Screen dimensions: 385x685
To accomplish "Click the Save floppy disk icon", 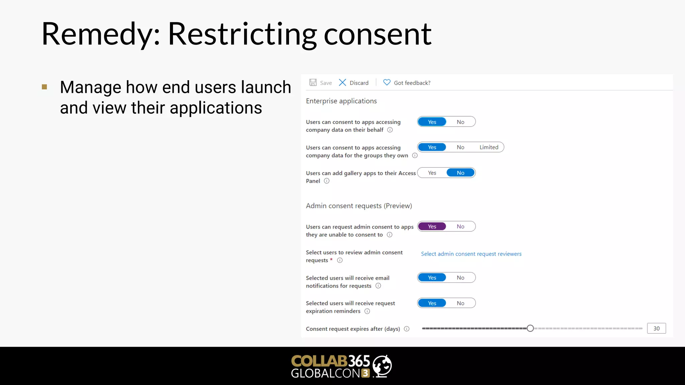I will pyautogui.click(x=313, y=83).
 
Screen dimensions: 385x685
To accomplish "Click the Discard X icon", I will pyautogui.click(x=342, y=83).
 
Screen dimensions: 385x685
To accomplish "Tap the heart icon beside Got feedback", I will pyautogui.click(x=387, y=82).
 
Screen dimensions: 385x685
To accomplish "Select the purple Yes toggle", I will pyautogui.click(x=432, y=227).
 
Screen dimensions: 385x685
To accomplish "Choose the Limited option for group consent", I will pyautogui.click(x=489, y=147).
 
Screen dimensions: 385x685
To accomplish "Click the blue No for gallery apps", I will pyautogui.click(x=461, y=173).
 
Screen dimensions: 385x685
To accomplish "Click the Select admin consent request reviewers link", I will pyautogui.click(x=471, y=254).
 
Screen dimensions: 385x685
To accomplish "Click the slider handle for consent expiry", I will pyautogui.click(x=530, y=329).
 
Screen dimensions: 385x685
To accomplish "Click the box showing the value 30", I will pyautogui.click(x=656, y=329).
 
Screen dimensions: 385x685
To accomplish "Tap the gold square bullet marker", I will pyautogui.click(x=44, y=87).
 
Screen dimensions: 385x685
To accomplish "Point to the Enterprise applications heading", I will pyautogui.click(x=341, y=101).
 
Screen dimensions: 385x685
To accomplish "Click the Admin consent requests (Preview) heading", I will pyautogui.click(x=359, y=206).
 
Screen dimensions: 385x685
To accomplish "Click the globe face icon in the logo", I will pyautogui.click(x=382, y=366).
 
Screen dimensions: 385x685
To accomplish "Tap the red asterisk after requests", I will pyautogui.click(x=331, y=260).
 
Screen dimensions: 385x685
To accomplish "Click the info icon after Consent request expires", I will pyautogui.click(x=407, y=329).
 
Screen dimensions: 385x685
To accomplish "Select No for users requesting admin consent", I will pyautogui.click(x=461, y=227).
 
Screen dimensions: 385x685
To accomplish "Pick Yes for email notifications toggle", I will pyautogui.click(x=432, y=278).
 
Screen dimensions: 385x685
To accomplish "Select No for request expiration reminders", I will pyautogui.click(x=461, y=303).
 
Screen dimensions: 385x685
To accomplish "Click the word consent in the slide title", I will pyautogui.click(x=377, y=34).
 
